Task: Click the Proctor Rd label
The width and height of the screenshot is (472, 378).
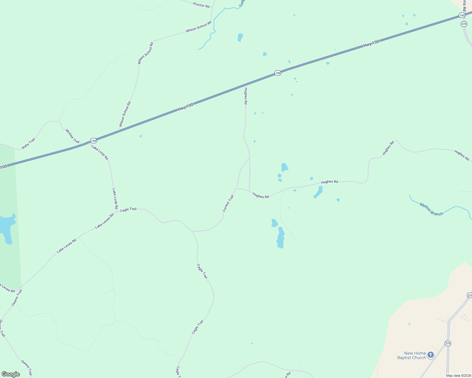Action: click(x=201, y=5)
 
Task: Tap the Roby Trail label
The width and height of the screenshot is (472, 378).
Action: click(x=28, y=144)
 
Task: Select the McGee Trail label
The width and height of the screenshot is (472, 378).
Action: click(x=72, y=136)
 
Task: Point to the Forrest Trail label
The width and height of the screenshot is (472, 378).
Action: click(x=228, y=203)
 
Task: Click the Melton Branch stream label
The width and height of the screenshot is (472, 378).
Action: click(x=431, y=209)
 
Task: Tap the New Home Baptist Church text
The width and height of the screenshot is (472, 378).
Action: click(x=411, y=355)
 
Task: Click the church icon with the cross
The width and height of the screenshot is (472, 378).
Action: click(x=431, y=355)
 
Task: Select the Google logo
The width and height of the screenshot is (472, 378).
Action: click(x=10, y=374)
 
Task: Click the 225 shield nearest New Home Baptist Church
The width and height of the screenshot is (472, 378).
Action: click(x=448, y=343)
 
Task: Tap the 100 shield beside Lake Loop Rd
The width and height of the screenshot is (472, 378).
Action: click(x=93, y=140)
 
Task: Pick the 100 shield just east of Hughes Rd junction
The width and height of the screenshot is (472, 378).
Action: click(x=277, y=73)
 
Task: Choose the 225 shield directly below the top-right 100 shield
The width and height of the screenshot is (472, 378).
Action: click(x=463, y=24)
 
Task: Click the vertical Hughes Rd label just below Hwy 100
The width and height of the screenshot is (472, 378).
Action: click(x=245, y=96)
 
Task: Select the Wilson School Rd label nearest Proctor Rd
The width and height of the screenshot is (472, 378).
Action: click(x=198, y=27)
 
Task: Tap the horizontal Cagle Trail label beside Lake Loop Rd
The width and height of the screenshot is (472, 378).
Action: click(x=128, y=209)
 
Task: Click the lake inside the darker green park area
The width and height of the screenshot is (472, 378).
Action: click(x=7, y=227)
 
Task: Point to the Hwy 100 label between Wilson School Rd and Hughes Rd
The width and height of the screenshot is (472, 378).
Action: click(x=186, y=107)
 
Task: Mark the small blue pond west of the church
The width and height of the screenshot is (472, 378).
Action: click(x=409, y=324)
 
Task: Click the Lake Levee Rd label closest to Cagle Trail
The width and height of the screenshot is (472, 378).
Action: click(x=104, y=221)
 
